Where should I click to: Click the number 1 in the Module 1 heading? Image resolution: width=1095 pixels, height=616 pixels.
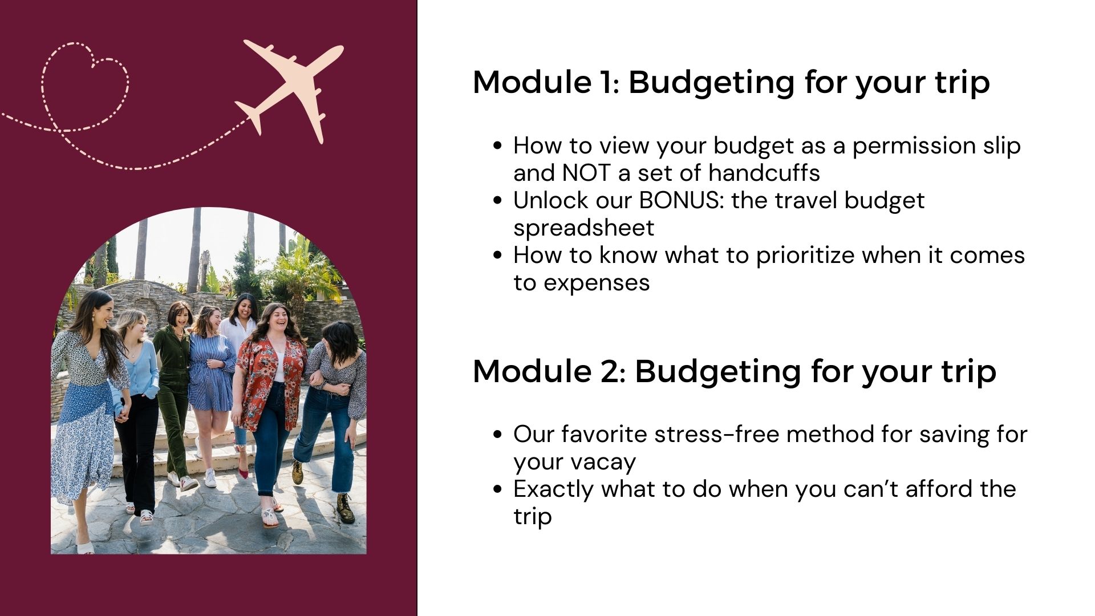click(x=609, y=82)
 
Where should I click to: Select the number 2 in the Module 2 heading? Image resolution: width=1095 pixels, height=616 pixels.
click(x=610, y=371)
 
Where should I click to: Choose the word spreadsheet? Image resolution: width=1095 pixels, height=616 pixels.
click(x=583, y=228)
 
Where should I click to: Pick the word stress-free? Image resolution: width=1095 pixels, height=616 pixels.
click(x=716, y=434)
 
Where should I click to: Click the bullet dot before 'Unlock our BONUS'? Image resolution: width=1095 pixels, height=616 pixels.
click(x=498, y=201)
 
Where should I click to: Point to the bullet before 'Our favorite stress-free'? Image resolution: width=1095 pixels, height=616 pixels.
click(x=498, y=435)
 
